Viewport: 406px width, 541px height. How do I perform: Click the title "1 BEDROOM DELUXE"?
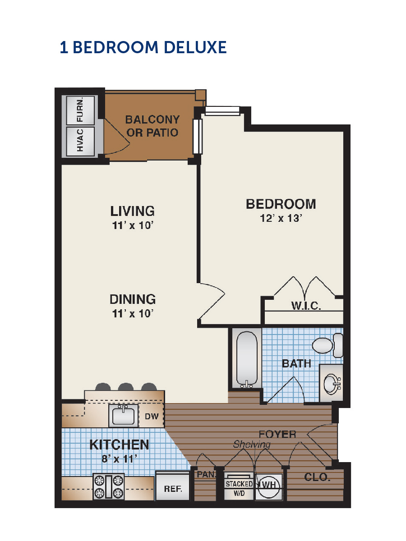[x=143, y=47]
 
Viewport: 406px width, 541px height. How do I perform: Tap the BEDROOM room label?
[x=281, y=204]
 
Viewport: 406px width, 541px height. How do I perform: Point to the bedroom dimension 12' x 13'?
[x=281, y=218]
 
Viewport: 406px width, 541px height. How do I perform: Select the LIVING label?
[x=132, y=211]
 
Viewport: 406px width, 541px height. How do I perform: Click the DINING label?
[x=132, y=299]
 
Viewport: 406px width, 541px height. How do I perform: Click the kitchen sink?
[x=124, y=416]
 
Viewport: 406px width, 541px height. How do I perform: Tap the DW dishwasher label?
[x=152, y=416]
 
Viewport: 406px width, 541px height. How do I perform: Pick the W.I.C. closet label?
[x=306, y=306]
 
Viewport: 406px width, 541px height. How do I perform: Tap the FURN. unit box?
[x=80, y=110]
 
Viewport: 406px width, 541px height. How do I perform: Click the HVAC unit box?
[x=80, y=141]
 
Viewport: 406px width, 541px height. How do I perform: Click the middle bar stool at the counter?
[x=126, y=387]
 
